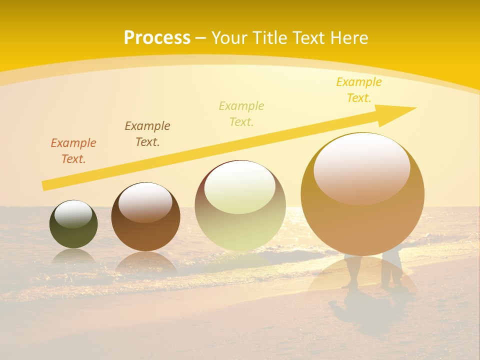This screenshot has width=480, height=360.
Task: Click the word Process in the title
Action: pyautogui.click(x=157, y=38)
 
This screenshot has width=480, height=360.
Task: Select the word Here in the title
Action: pyautogui.click(x=348, y=38)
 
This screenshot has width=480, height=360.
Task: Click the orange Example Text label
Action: pyautogui.click(x=73, y=151)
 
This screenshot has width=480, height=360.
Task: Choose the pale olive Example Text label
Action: pyautogui.click(x=241, y=114)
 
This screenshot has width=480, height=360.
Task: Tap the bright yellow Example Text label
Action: pyautogui.click(x=359, y=90)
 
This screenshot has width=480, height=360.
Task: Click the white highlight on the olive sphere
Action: pyautogui.click(x=73, y=214)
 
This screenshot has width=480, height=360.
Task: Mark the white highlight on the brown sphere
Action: pyautogui.click(x=145, y=202)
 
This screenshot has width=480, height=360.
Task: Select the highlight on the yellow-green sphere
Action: pyautogui.click(x=240, y=187)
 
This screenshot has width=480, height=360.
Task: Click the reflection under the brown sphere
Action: pyautogui.click(x=145, y=262)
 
